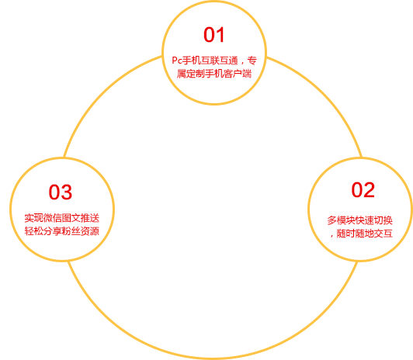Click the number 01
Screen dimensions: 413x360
click(x=214, y=35)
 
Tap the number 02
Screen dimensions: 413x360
click(x=363, y=190)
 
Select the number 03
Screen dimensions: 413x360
click(x=61, y=192)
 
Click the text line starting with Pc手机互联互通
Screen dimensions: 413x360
click(x=214, y=61)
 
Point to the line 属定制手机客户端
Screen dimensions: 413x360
click(x=214, y=74)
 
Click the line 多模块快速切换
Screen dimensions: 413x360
click(x=359, y=220)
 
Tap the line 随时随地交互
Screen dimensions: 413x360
click(x=365, y=234)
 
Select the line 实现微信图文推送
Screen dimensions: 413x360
click(x=62, y=218)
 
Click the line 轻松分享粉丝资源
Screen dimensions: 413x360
click(x=62, y=231)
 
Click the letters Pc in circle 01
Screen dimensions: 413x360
click(x=177, y=61)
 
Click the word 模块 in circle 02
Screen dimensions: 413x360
click(x=345, y=220)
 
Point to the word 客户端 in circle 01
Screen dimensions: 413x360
click(x=238, y=74)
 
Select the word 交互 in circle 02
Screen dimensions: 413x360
click(x=383, y=234)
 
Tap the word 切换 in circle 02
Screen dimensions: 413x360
click(x=383, y=220)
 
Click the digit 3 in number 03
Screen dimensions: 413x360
click(x=67, y=192)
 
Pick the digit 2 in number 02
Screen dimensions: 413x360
click(x=369, y=190)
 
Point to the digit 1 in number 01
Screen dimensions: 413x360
click(x=220, y=35)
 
